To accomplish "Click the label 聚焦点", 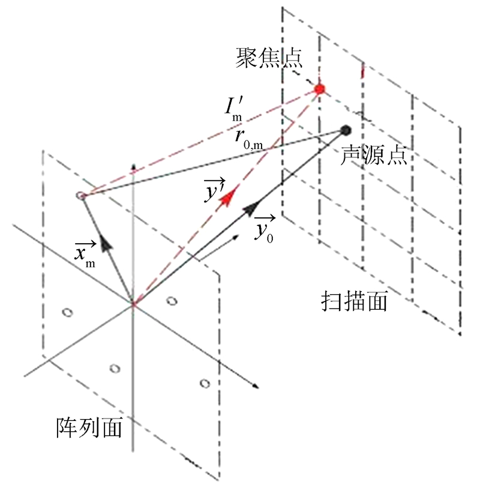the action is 269,59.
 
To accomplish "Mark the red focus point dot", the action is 319,89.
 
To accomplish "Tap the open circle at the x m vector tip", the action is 79,196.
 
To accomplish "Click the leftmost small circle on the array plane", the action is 67,312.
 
